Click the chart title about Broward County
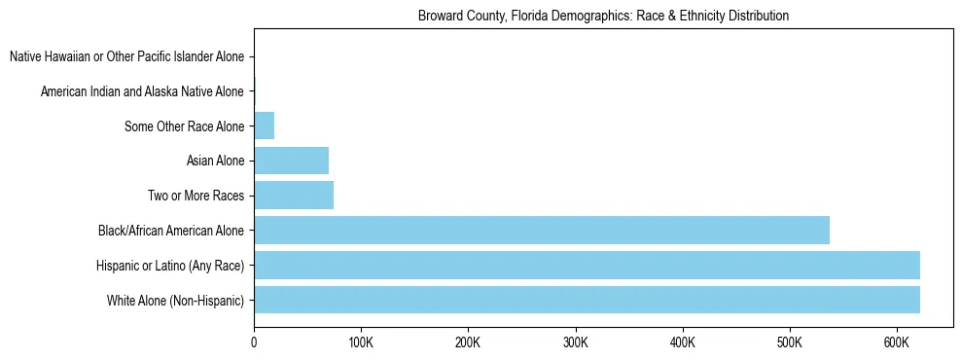pos(603,17)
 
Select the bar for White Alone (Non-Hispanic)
pos(587,300)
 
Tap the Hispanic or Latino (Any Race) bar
pos(587,265)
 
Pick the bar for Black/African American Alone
pos(542,230)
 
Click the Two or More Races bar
pos(294,196)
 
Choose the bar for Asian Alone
pos(291,161)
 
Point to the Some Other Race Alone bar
pos(264,126)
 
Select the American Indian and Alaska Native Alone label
pos(142,91)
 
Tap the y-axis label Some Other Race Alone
pos(185,126)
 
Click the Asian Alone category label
pos(215,161)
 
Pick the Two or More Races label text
pos(196,196)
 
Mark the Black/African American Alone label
pos(171,231)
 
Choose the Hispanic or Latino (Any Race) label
pos(170,266)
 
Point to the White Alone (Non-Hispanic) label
pos(176,301)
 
